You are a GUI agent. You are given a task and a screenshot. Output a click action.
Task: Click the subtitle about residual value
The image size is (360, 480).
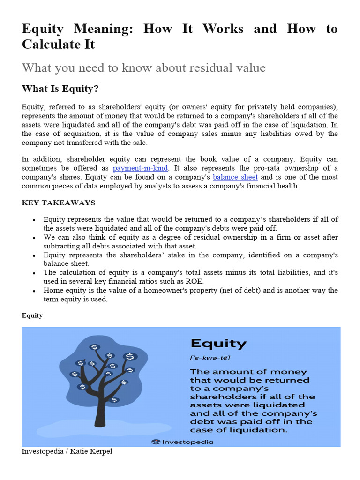[143, 68]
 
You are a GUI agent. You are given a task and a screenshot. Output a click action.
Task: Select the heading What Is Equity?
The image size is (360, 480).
[60, 89]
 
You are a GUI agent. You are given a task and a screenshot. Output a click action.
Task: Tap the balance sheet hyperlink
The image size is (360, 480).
[235, 177]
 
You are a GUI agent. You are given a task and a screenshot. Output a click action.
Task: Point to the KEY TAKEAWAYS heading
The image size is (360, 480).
[59, 202]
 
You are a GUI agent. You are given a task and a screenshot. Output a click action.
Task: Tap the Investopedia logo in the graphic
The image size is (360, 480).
[183, 442]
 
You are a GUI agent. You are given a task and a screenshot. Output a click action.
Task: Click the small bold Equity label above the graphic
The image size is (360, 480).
[32, 315]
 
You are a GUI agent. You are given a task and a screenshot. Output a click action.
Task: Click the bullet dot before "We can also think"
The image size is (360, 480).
[34, 238]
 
